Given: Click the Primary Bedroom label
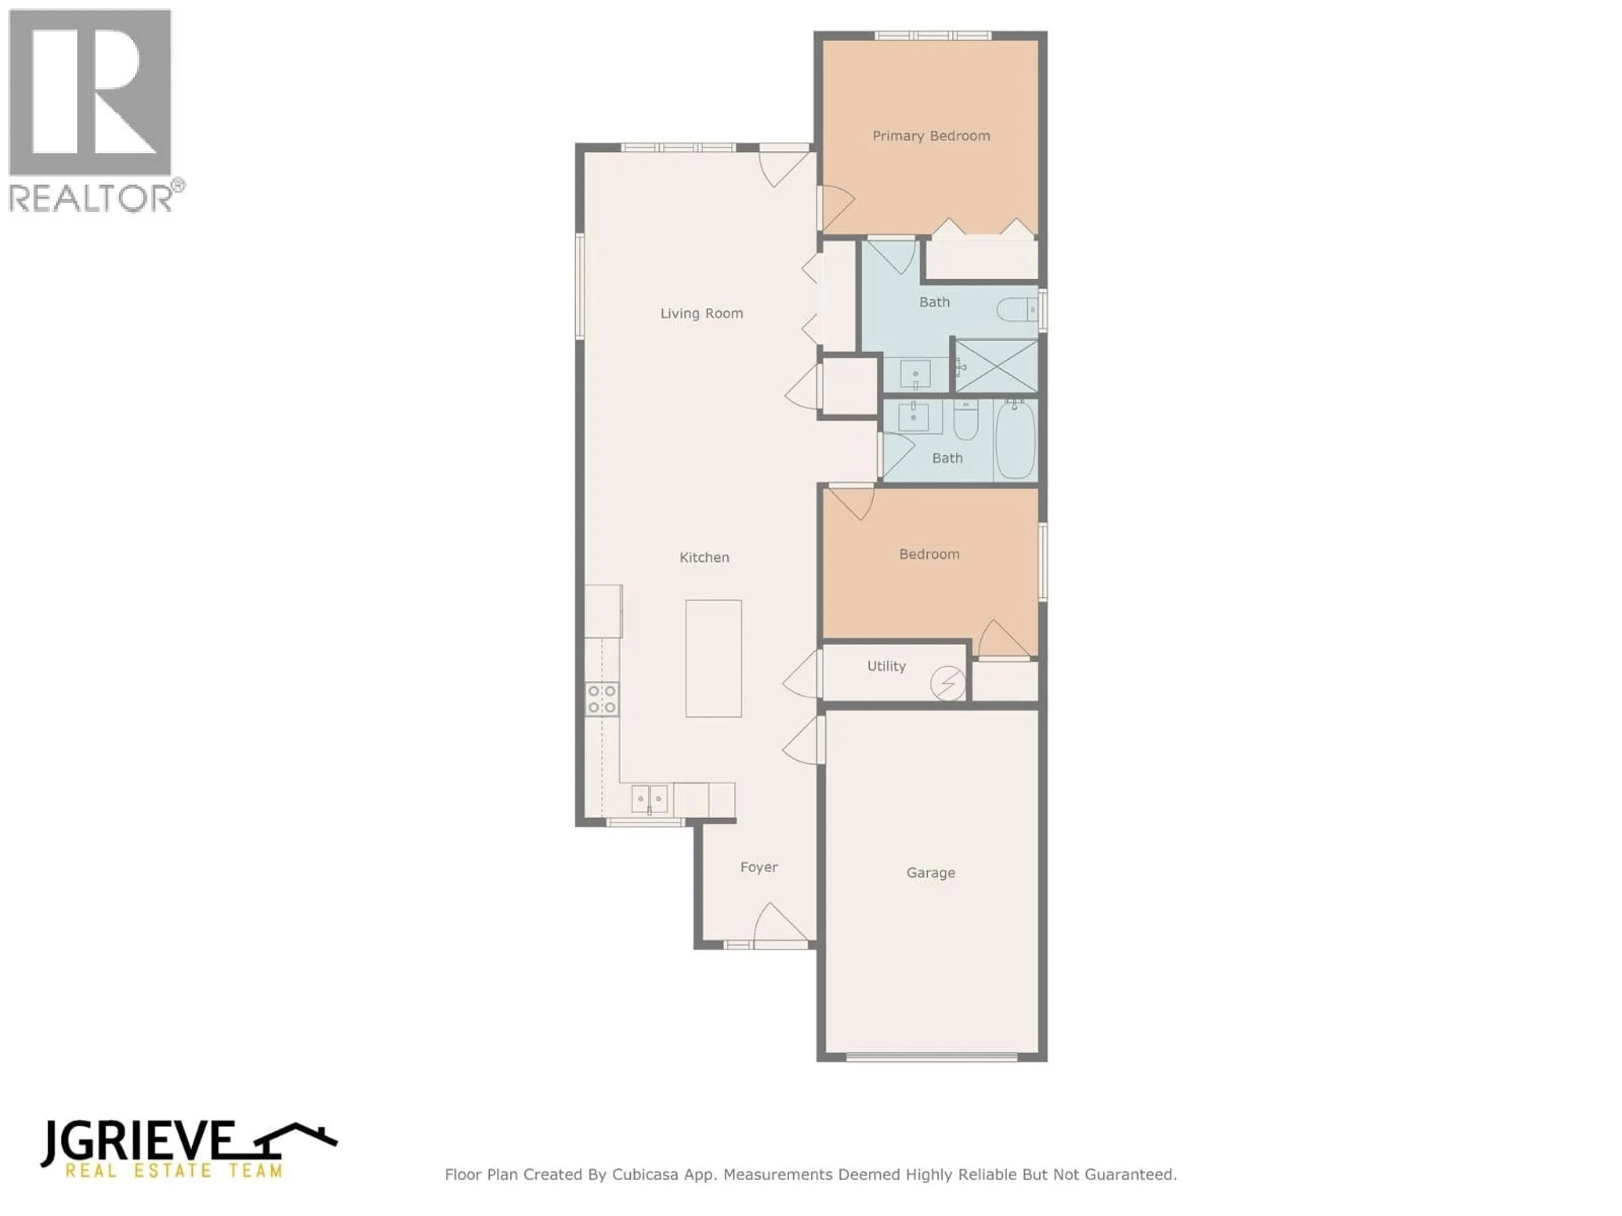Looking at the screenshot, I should coord(931,136).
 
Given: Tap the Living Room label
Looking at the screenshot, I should coord(701,314).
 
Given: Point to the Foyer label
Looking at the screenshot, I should coord(758,867).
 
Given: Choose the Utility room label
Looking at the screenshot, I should coord(886,666).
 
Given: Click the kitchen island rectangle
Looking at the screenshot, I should coord(713,658).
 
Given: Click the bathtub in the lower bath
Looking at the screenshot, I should coord(1015,440).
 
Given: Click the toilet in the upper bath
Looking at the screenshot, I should coord(1015,310).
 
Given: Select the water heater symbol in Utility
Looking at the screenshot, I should coord(947,683).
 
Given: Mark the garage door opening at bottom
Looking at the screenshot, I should coord(931,1057).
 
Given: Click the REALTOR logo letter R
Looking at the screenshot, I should coord(90,92).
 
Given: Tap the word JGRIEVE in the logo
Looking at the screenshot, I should coord(137,1142).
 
